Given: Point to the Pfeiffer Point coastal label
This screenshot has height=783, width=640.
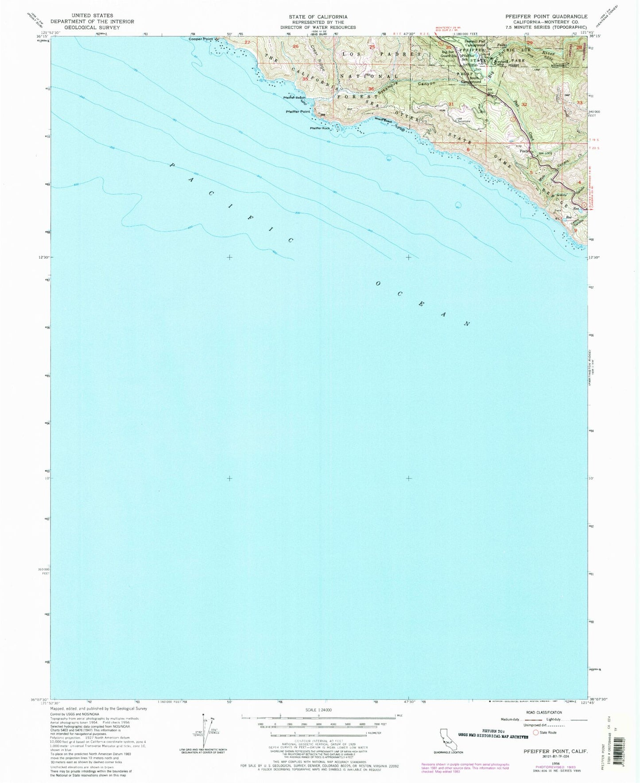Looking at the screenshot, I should click(x=298, y=112).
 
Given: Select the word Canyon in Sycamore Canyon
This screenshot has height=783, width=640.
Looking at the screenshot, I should click(x=427, y=83).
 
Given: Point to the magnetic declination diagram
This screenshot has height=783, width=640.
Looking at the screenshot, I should click(x=204, y=736).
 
